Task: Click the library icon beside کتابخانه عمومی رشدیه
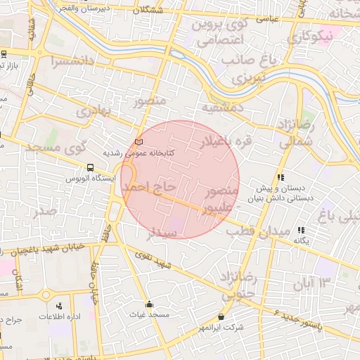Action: tap(139, 143)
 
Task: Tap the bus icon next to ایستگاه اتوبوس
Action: tap(90, 168)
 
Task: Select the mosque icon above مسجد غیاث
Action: tap(149, 304)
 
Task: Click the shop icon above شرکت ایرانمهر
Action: tap(221, 317)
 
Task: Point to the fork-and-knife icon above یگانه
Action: tap(301, 230)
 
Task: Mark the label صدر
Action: tap(44, 210)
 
